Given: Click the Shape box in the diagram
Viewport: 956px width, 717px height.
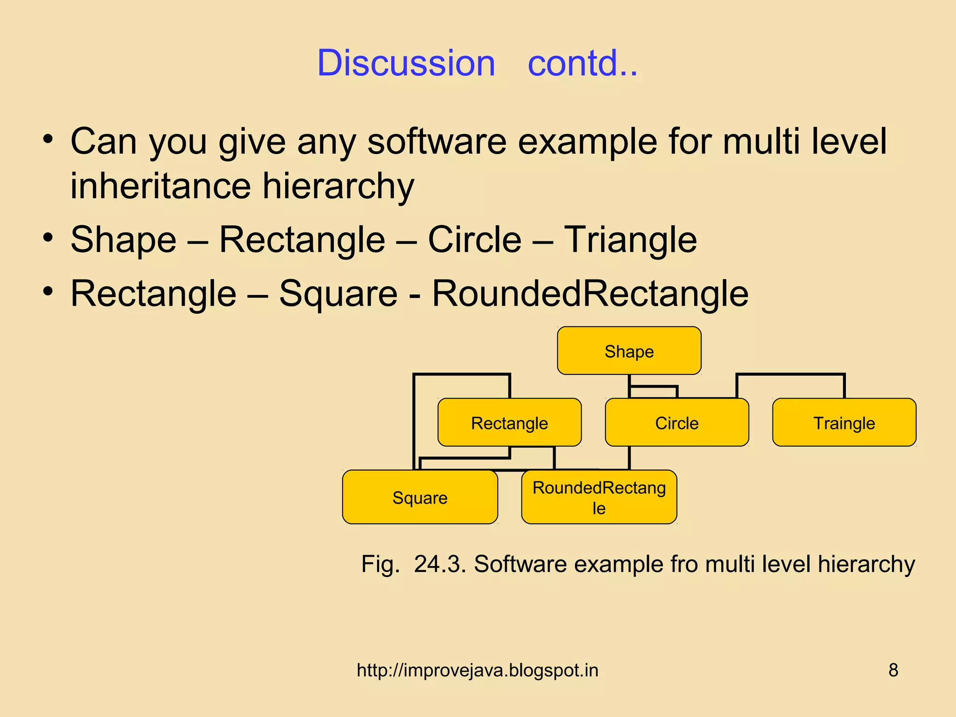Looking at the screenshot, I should click(x=629, y=351).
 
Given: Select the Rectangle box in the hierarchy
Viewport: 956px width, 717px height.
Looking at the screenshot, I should click(x=509, y=423).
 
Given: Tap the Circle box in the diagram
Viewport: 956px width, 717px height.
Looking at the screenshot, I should click(x=676, y=423).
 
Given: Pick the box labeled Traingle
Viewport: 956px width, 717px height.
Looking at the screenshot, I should click(x=844, y=423).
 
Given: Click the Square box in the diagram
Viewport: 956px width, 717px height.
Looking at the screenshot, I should click(x=420, y=498).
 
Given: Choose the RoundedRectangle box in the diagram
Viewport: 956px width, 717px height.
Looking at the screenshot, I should click(x=599, y=498).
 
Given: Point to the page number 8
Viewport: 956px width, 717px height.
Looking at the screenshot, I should click(x=893, y=670).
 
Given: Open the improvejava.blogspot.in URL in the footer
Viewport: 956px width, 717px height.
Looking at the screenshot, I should click(x=477, y=670).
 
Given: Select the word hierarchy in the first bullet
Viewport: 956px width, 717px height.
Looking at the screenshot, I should click(x=338, y=186).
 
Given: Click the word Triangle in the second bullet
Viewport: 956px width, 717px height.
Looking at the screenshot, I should click(x=630, y=240).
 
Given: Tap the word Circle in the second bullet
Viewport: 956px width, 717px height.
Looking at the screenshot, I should click(x=474, y=240).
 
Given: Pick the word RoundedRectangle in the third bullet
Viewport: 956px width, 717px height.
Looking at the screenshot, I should click(x=590, y=294).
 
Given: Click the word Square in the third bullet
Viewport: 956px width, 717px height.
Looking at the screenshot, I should click(x=338, y=294).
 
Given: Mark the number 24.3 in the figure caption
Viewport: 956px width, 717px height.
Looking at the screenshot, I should click(x=439, y=564).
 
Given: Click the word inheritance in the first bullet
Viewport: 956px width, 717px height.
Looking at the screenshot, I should click(x=161, y=186).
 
